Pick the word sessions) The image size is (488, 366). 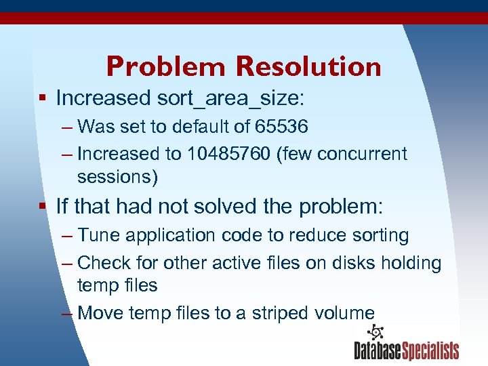(x=117, y=177)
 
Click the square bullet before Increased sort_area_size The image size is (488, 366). (x=42, y=98)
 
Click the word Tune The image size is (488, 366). (x=98, y=235)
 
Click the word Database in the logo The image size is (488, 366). (x=378, y=351)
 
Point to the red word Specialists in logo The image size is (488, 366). (x=431, y=351)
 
